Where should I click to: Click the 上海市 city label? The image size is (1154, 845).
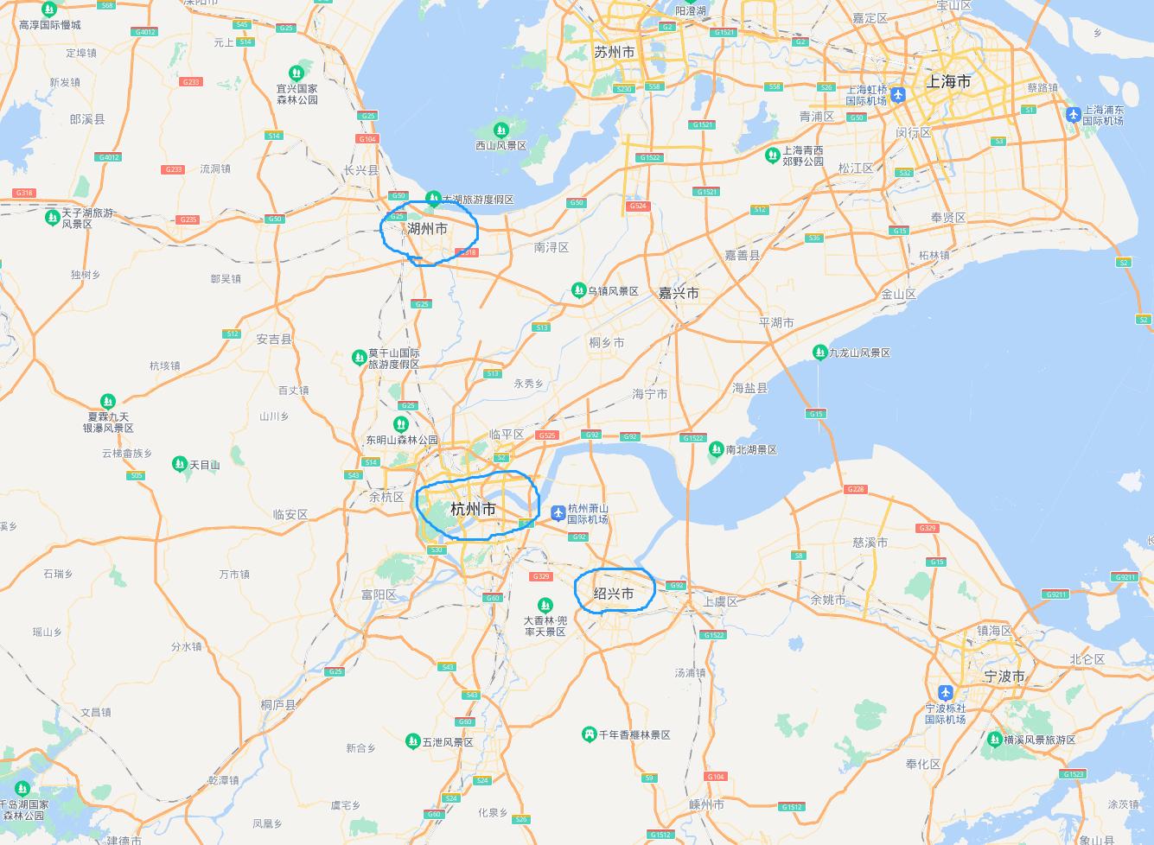[x=948, y=82]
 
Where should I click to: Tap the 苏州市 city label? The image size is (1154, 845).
[x=614, y=53]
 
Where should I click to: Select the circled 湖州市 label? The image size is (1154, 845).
[x=427, y=229]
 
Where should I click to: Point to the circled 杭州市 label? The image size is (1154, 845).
[x=473, y=509]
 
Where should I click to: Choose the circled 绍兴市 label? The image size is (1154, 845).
[x=614, y=594]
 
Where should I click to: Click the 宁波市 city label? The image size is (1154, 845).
[x=1004, y=676]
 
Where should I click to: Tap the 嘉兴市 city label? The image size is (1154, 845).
[x=679, y=293]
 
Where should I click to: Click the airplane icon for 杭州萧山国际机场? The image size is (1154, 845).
[x=558, y=513]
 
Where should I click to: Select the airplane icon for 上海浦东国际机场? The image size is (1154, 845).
[x=1073, y=114]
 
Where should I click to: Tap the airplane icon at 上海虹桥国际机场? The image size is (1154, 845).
[x=898, y=95]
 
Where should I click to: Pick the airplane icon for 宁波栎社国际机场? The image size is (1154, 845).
[x=945, y=693]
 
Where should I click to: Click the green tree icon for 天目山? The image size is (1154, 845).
[x=179, y=464]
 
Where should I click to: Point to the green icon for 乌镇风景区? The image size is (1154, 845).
[x=578, y=291]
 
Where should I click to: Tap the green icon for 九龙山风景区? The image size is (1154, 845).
[x=819, y=352]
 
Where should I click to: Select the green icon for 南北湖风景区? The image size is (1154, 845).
[x=716, y=449]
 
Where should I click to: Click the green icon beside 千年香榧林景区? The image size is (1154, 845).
[x=589, y=734]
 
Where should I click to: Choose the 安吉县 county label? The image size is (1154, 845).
[x=274, y=340]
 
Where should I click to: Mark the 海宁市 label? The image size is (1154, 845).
[x=649, y=394]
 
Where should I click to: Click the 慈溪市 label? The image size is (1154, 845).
[x=870, y=543]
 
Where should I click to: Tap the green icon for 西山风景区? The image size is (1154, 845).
[x=500, y=130]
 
